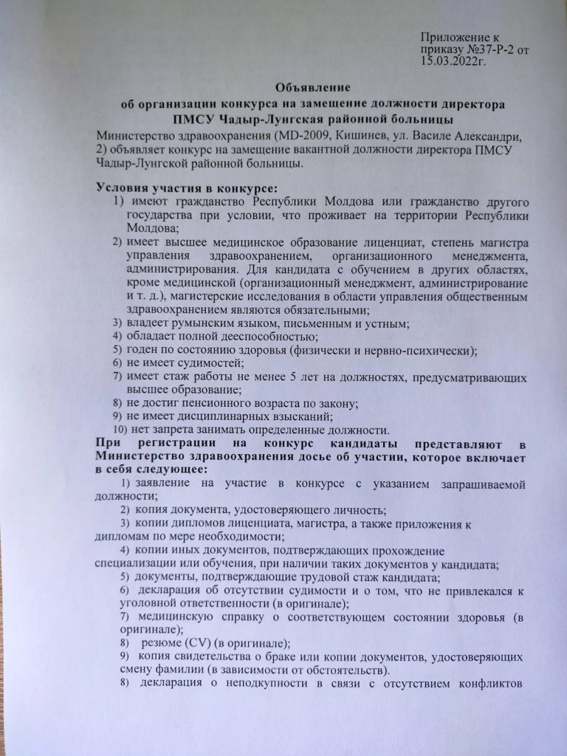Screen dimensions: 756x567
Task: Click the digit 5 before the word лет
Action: point(293,377)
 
